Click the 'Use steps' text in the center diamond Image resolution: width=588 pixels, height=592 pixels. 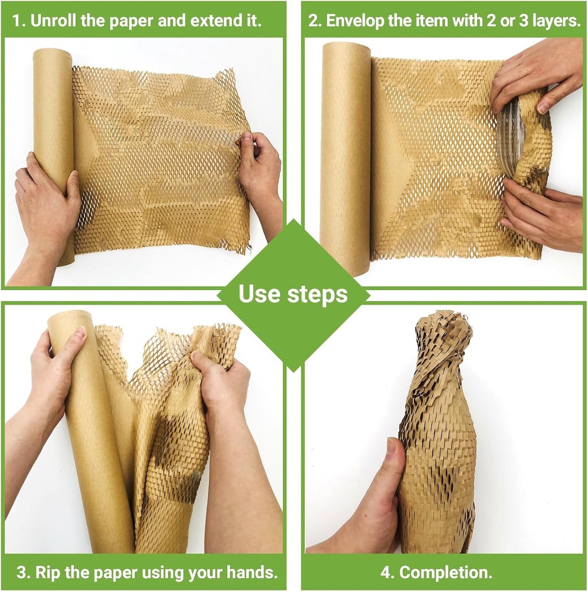(293, 294)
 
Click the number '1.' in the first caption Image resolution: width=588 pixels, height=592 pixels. (19, 21)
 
